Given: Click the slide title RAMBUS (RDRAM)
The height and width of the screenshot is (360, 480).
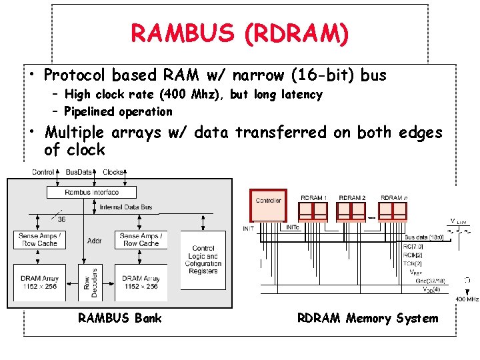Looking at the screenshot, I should coord(239,33).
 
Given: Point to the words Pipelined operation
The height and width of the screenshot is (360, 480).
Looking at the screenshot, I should coord(118,111).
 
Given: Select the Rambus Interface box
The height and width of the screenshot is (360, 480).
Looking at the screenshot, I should coord(91,192).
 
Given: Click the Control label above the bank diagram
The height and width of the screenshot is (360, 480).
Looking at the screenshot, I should coord(43,172).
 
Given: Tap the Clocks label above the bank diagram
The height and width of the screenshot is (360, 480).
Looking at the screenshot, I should coord(113,172).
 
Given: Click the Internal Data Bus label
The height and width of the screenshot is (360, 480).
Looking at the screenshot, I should coord(125,207).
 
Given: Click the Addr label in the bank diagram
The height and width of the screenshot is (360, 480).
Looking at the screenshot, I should coord(93,239).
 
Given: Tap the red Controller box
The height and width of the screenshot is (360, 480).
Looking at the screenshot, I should coord(268,205).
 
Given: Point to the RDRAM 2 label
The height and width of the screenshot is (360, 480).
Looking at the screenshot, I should coord(352,198).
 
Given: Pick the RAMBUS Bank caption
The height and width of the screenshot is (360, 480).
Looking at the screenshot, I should coord(119,318).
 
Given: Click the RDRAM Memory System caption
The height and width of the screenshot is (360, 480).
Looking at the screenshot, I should coord(367,318).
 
